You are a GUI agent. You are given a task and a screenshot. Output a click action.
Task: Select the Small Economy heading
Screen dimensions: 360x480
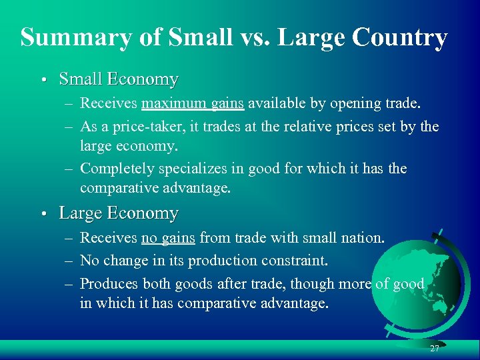click(119, 79)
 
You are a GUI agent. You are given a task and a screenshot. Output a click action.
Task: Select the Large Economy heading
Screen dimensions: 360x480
click(119, 213)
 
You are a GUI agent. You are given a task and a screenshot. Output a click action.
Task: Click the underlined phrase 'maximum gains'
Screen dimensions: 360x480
click(193, 103)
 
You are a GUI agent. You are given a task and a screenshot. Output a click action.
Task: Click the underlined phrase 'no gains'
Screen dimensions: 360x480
click(168, 237)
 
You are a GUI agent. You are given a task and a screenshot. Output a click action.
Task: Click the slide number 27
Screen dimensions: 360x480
click(435, 349)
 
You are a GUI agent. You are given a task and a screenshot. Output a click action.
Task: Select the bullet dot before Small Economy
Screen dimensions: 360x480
click(42, 80)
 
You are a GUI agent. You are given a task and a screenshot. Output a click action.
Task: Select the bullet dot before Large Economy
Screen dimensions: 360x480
click(42, 214)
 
